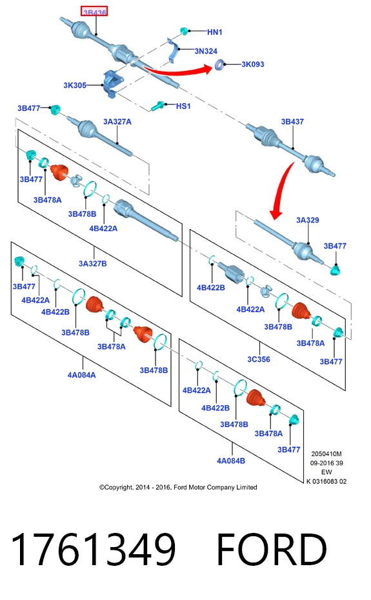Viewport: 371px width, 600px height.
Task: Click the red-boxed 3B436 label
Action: pos(94,12)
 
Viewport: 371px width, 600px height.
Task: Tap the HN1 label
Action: pos(215,32)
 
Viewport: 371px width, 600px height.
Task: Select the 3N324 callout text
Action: pos(206,51)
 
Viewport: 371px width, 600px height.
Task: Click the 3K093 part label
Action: pos(253,65)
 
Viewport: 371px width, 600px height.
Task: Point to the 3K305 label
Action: pos(75,85)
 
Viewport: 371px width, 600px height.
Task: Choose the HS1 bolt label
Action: pos(183,106)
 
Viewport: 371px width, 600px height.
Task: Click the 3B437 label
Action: pos(292,122)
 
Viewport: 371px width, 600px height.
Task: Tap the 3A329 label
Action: pos(307,220)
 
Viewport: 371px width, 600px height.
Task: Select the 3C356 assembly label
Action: pos(259,359)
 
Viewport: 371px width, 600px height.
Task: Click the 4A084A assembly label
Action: pos(81,375)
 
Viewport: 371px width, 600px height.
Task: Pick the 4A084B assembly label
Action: pos(231,461)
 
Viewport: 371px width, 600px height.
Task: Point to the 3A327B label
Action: pos(93,264)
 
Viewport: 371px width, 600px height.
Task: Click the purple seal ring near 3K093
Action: pos(219,65)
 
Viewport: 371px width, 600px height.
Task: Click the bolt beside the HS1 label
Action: pos(157,105)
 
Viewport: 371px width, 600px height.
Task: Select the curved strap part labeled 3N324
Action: pos(173,52)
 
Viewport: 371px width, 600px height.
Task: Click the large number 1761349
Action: pos(94,550)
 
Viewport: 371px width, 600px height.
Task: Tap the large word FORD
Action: pos(272,550)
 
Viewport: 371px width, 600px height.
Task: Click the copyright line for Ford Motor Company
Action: pos(178,487)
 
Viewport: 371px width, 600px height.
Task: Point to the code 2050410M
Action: pos(326,454)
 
